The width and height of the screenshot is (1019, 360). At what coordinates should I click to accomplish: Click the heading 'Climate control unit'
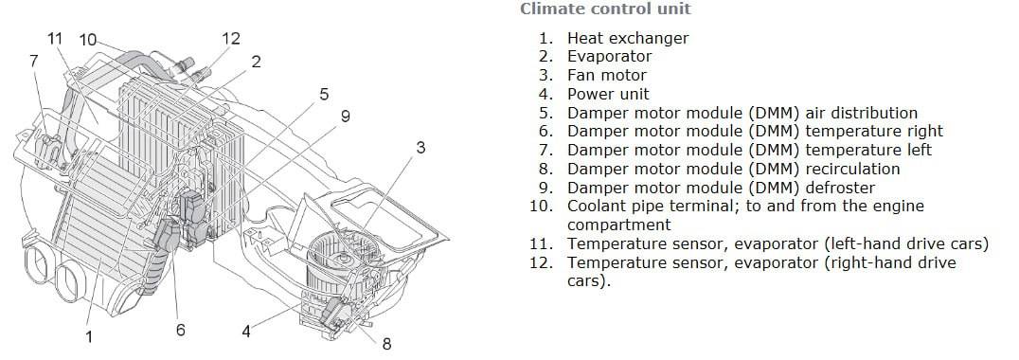pos(606,9)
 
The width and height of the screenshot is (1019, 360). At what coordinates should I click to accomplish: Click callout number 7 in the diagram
pos(34,61)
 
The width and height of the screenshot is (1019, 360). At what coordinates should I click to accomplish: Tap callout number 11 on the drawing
pos(55,38)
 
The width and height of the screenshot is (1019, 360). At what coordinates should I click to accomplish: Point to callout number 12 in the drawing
pos(231,38)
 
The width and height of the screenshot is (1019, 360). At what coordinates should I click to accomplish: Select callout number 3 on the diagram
pos(420,148)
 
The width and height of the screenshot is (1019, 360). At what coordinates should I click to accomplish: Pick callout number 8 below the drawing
pos(386,344)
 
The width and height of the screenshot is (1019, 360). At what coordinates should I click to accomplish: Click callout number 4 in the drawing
pos(245,332)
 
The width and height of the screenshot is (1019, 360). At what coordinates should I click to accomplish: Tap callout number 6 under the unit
pos(180,330)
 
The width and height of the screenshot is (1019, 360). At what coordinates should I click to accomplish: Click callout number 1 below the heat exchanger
pos(89,336)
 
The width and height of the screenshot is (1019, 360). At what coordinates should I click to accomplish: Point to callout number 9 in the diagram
pos(345,117)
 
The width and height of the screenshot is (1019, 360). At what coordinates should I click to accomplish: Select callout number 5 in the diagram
pos(324,95)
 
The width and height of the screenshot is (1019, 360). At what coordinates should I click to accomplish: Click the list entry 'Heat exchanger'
pos(627,38)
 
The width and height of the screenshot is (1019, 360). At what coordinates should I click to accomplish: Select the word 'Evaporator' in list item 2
pos(609,57)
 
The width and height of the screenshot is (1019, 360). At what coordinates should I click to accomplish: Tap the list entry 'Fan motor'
pos(606,76)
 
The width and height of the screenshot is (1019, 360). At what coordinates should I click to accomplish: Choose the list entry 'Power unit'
pos(608,94)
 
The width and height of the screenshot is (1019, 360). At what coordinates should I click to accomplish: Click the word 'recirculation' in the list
pos(852,169)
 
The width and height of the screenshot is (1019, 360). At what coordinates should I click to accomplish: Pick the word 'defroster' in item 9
pos(840,188)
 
